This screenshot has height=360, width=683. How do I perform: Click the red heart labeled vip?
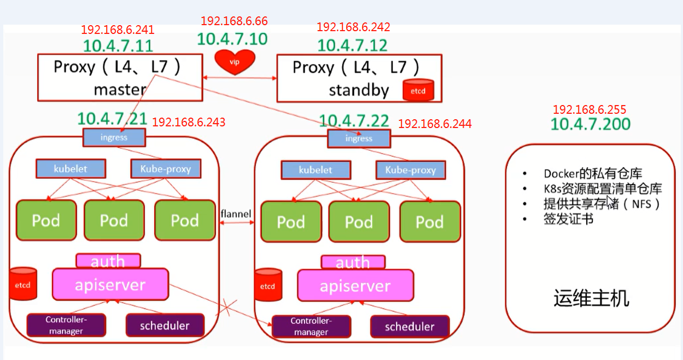pyautogui.click(x=235, y=62)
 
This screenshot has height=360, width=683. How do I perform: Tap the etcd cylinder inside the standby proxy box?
pyautogui.click(x=418, y=90)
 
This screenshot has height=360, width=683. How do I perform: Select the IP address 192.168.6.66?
pyautogui.click(x=234, y=21)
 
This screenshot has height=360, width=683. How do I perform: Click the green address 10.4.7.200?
pyautogui.click(x=590, y=124)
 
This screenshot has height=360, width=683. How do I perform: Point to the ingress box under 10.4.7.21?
pyautogui.click(x=114, y=137)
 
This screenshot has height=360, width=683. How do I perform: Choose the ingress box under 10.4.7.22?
pyautogui.click(x=359, y=139)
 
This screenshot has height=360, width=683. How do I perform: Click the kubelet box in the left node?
pyautogui.click(x=71, y=169)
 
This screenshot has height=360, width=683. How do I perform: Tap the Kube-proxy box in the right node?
pyautogui.click(x=411, y=170)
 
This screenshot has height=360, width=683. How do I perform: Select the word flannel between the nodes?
pyautogui.click(x=236, y=214)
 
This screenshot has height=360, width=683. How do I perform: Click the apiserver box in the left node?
pyautogui.click(x=110, y=284)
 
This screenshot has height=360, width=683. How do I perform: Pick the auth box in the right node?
pyautogui.click(x=353, y=263)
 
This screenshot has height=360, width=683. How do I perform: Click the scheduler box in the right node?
pyautogui.click(x=410, y=327)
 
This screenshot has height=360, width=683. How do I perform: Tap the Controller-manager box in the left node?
pyautogui.click(x=66, y=325)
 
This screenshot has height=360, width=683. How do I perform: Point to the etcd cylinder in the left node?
pyautogui.click(x=23, y=284)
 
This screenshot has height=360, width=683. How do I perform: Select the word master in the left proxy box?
pyautogui.click(x=120, y=90)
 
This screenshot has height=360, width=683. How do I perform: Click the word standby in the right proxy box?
pyautogui.click(x=359, y=90)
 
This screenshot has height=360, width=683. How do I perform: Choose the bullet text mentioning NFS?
pyautogui.click(x=602, y=204)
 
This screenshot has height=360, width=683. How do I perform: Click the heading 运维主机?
pyautogui.click(x=591, y=298)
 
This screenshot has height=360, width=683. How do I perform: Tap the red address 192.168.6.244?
pyautogui.click(x=435, y=124)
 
